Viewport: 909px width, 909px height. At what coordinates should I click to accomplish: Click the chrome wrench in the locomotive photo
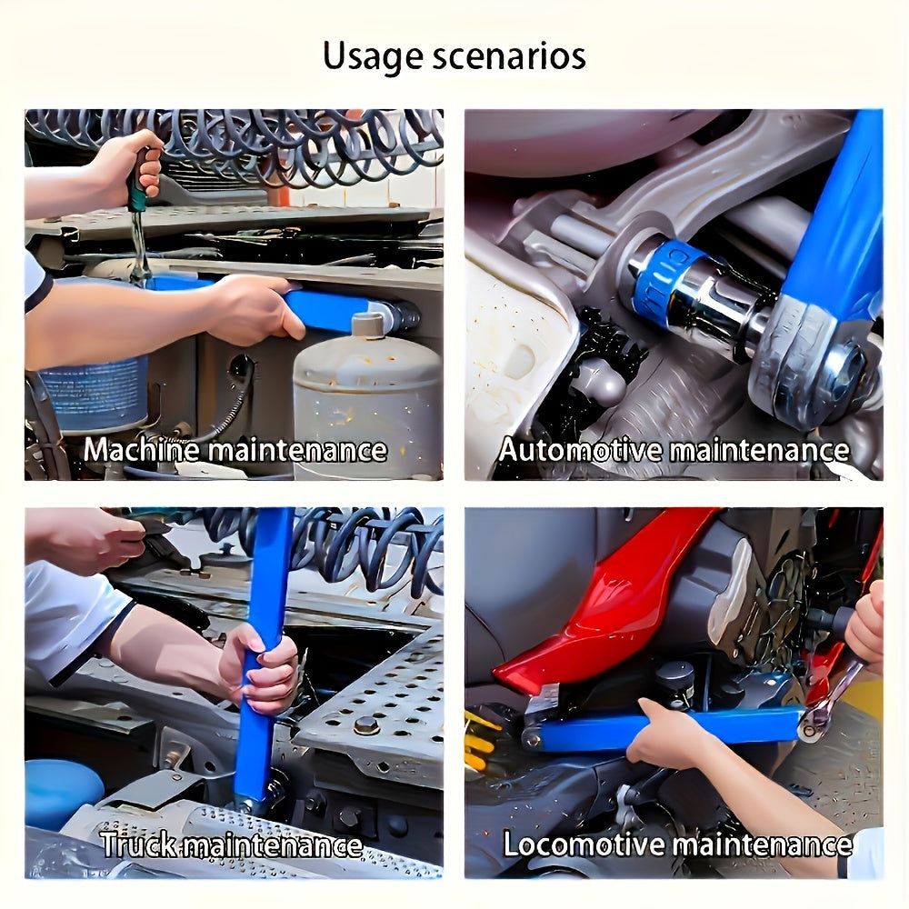coord(832,695)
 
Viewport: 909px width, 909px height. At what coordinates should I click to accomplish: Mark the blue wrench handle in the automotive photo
coord(832,218)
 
